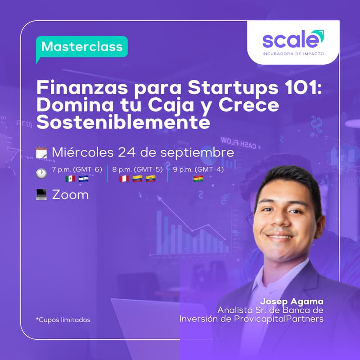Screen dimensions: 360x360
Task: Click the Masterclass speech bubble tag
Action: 82,47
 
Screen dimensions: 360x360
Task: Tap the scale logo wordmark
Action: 292,40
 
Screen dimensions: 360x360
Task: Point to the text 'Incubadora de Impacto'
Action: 292,54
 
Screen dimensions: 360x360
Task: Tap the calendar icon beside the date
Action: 41,153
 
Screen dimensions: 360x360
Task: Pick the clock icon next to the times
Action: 41,173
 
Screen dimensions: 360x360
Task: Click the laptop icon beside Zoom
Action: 41,195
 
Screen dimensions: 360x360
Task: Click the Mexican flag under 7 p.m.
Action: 70,179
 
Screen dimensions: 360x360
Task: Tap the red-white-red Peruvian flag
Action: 124,179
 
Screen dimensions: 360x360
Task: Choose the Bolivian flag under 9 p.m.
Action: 198,179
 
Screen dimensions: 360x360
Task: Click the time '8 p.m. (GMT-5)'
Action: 137,170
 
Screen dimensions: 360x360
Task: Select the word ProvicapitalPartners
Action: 284,319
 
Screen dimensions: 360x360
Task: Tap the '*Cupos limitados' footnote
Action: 63,320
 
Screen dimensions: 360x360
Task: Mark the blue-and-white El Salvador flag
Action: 83,179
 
